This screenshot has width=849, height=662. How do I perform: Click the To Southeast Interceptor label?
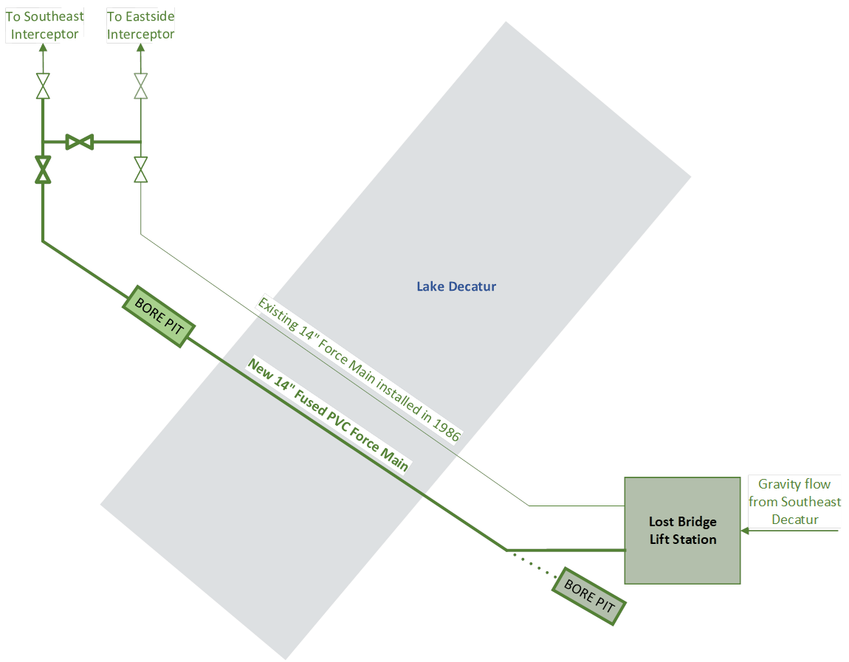coord(44,25)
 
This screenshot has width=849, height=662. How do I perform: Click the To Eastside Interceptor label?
coord(141,25)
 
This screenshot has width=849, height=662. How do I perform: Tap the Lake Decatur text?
coord(456,286)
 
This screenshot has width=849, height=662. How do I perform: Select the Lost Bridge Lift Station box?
coord(682,530)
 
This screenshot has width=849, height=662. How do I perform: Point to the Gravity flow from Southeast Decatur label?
coord(794,501)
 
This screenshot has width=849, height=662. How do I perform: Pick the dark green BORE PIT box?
coord(589,596)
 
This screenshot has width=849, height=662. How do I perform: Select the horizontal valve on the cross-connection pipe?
coord(79,142)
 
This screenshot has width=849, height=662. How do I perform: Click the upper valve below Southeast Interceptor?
coord(43,86)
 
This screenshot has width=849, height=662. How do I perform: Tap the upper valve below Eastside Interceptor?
coord(141,86)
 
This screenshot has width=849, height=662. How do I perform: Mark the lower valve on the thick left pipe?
coord(43,169)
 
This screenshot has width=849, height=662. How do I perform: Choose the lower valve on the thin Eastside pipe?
coord(141,169)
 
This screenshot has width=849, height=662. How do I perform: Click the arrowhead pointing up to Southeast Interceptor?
coord(43,48)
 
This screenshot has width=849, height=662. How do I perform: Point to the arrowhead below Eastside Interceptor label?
coord(141,48)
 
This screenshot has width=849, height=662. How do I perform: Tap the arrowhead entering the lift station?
coord(746,530)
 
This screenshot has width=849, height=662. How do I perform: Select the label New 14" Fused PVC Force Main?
coord(329,415)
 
